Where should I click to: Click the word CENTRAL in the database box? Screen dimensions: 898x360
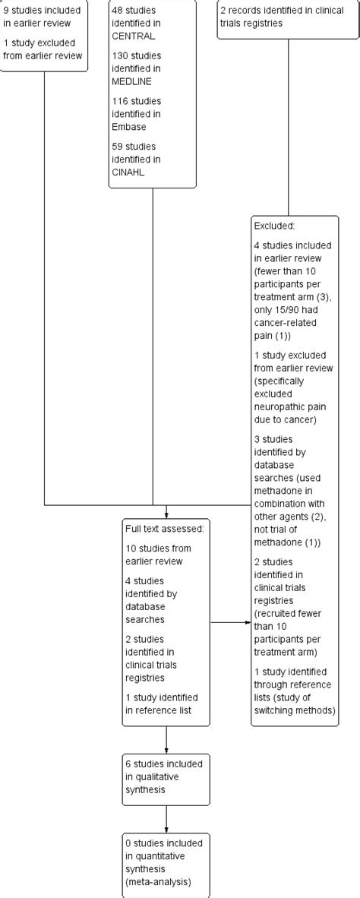(134, 36)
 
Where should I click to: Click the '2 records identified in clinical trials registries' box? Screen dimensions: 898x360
(273, 17)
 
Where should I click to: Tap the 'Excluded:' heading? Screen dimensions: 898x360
(275, 226)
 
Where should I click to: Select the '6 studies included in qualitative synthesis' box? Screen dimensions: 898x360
(165, 779)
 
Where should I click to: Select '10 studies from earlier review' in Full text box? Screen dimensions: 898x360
(159, 555)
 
